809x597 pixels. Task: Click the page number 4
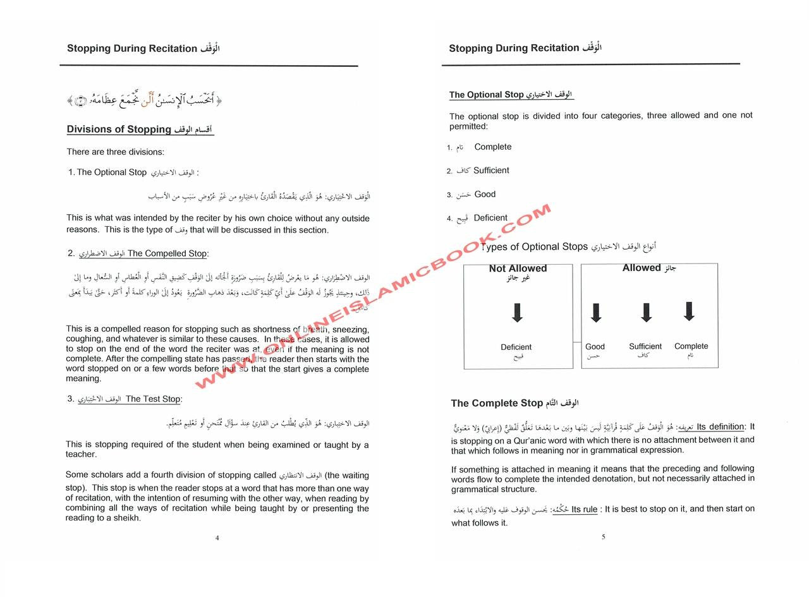217,538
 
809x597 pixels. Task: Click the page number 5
603,537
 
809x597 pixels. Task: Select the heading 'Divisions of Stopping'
119,130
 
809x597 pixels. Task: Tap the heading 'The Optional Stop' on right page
487,95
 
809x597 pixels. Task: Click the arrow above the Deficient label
517,313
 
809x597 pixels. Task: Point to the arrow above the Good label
595,313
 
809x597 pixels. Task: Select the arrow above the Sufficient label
646,313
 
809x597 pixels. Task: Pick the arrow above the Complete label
689,311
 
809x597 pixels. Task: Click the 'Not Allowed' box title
518,268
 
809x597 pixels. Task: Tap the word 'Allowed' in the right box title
642,268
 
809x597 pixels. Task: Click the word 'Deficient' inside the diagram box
516,347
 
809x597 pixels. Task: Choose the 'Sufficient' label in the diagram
645,346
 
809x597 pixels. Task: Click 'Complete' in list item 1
493,147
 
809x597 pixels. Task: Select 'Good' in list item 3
485,194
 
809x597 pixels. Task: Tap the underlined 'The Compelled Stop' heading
167,253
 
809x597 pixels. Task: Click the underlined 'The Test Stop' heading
153,399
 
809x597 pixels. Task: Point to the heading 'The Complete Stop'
497,403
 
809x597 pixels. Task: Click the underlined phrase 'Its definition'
720,427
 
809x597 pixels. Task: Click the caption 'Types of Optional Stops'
535,246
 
